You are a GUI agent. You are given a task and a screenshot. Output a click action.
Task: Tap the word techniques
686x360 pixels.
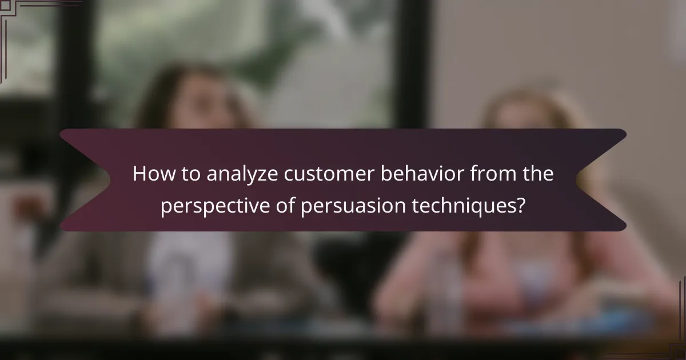(x=464, y=206)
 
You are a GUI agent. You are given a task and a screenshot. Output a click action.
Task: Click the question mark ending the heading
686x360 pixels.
(x=520, y=206)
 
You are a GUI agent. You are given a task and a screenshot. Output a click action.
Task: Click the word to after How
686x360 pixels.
(x=188, y=175)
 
